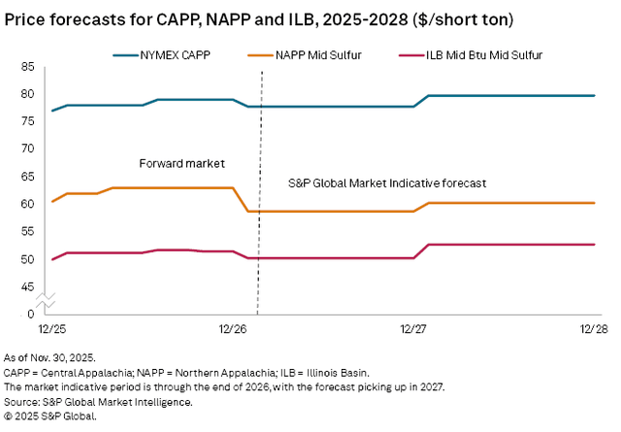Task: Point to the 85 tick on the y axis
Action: pos(28,66)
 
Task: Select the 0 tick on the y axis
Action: pos(31,314)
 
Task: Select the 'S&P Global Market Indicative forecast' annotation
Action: pos(387,183)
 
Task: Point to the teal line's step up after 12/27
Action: pos(422,101)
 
